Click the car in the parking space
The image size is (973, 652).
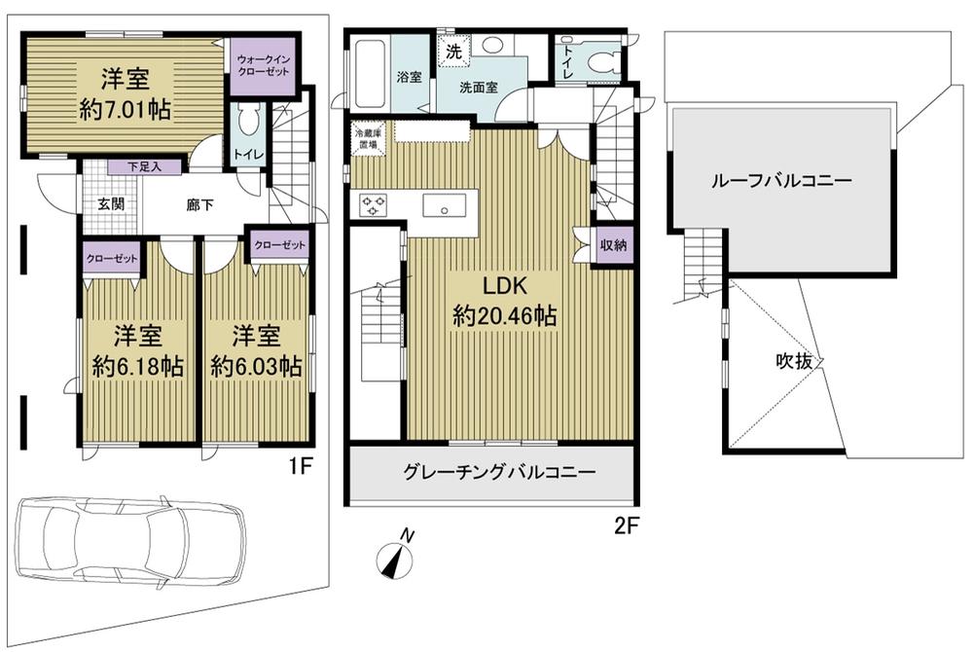[131, 541]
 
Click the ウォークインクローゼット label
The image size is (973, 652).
[259, 66]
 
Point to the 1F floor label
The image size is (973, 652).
[299, 466]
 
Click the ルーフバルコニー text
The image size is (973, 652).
[781, 181]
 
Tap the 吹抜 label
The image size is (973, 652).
[794, 360]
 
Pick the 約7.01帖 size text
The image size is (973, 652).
[125, 110]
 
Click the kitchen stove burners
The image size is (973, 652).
[376, 205]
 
